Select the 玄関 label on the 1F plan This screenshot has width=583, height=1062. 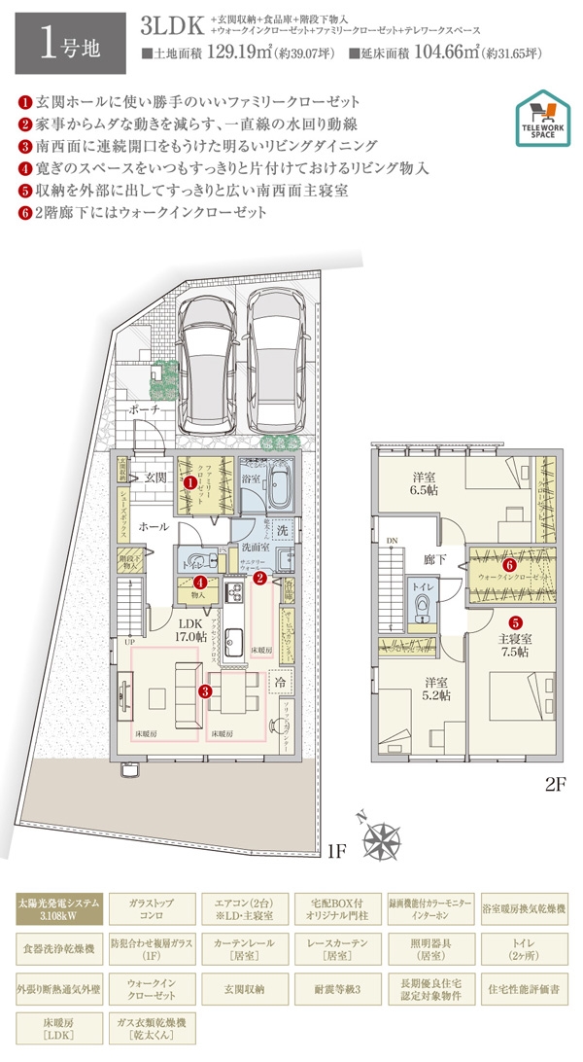157,478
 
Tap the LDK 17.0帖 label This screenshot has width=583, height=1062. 189,631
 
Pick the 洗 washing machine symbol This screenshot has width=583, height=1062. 280,529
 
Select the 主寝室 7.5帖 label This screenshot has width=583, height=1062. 514,647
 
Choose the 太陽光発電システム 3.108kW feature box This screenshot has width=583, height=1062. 58,911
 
